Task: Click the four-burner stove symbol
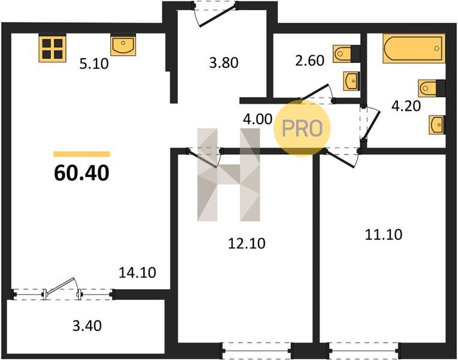pyautogui.click(x=53, y=48)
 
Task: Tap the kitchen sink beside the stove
pyautogui.click(x=123, y=45)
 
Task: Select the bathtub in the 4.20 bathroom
pyautogui.click(x=414, y=49)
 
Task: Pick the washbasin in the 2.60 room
pyautogui.click(x=351, y=81)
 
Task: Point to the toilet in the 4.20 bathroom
pyautogui.click(x=432, y=88)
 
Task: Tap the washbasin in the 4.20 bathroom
pyautogui.click(x=437, y=125)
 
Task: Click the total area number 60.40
pyautogui.click(x=82, y=173)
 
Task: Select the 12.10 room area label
pyautogui.click(x=246, y=244)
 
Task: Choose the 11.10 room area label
pyautogui.click(x=384, y=235)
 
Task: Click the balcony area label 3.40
pyautogui.click(x=87, y=326)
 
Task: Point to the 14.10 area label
pyautogui.click(x=137, y=272)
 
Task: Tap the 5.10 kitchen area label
pyautogui.click(x=94, y=64)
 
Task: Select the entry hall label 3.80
pyautogui.click(x=224, y=62)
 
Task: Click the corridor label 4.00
pyautogui.click(x=258, y=119)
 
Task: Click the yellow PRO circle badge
pyautogui.click(x=302, y=128)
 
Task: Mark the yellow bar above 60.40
pyautogui.click(x=82, y=154)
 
